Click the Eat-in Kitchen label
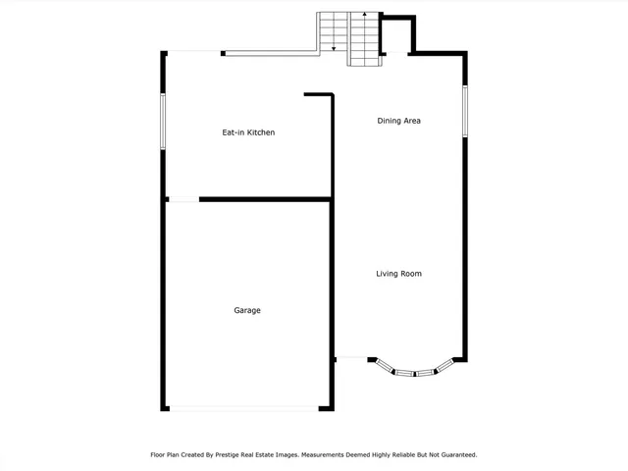247,131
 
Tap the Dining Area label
399,121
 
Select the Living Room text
398,274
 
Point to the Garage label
247,310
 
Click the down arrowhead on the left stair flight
334,47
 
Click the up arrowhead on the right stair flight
364,16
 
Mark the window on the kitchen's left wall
163,122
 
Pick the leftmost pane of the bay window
382,366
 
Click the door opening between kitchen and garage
183,200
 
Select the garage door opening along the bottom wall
243,409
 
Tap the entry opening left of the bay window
351,358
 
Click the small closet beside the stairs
396,36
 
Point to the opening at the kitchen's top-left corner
194,52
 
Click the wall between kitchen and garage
265,199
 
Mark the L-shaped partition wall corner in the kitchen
333,95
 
